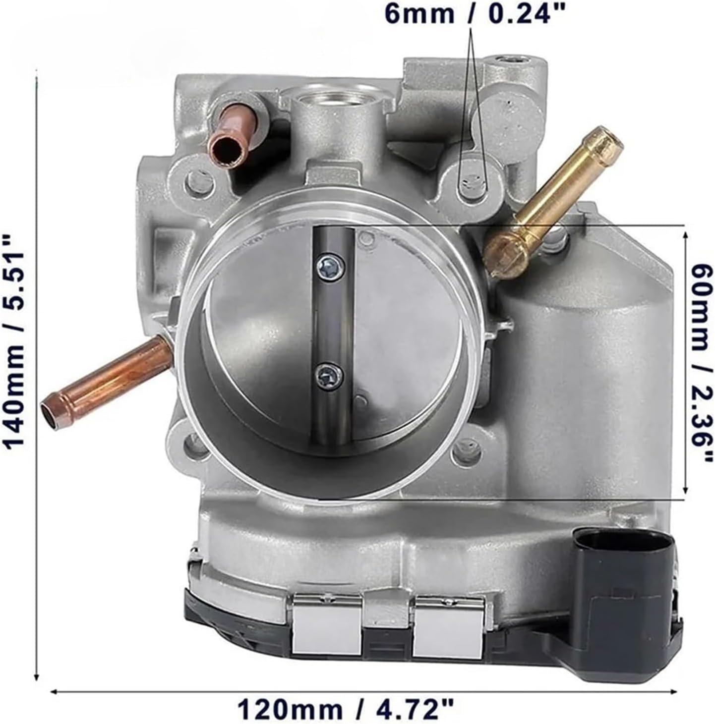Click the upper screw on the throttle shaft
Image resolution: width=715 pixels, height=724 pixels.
[x=330, y=268]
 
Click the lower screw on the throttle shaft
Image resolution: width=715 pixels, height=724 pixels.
[x=330, y=377]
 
